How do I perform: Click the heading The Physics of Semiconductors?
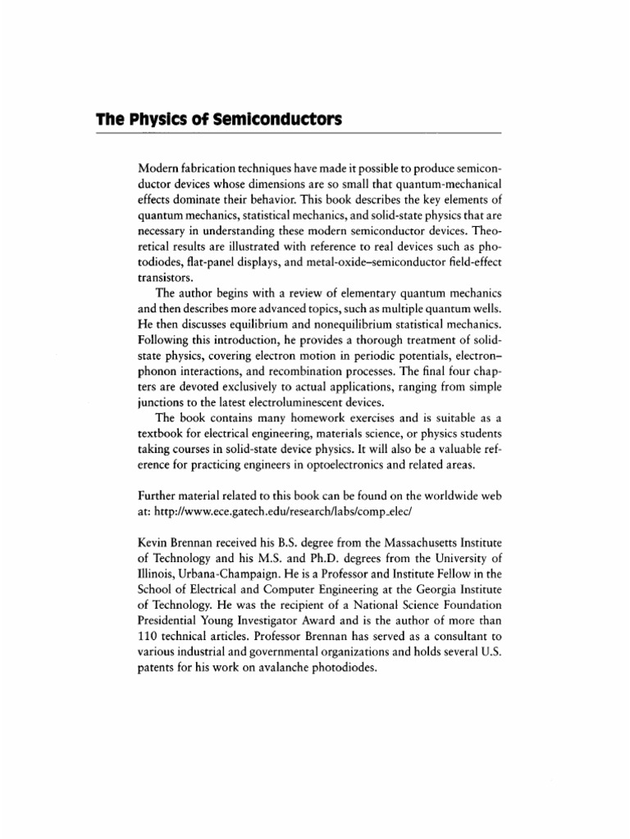click(219, 120)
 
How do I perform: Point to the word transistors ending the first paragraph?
click(167, 278)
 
